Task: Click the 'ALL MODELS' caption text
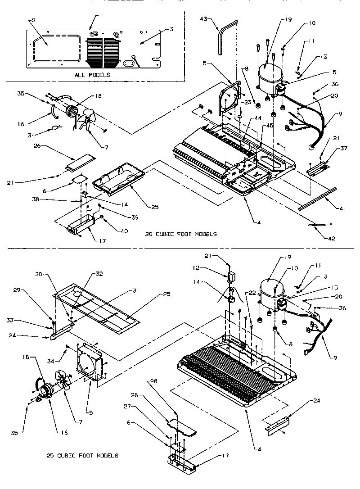(x=92, y=75)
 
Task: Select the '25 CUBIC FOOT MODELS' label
(x=82, y=456)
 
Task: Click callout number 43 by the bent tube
(x=204, y=18)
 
